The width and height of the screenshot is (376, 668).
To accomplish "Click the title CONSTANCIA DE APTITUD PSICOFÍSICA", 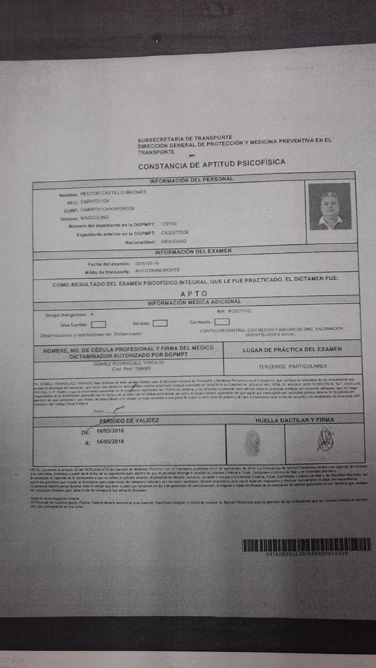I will pyautogui.click(x=212, y=164).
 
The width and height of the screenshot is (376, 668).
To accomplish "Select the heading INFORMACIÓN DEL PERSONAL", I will pyautogui.click(x=191, y=179).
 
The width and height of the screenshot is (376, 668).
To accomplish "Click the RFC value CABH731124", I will pyautogui.click(x=94, y=201).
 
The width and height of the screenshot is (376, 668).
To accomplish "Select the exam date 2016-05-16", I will pyautogui.click(x=147, y=263).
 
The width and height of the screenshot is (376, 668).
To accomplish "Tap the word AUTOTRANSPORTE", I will pyautogui.click(x=157, y=270).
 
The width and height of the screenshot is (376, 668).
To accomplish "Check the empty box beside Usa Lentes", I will pyautogui.click(x=98, y=324).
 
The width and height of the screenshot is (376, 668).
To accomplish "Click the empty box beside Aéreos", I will pyautogui.click(x=160, y=323).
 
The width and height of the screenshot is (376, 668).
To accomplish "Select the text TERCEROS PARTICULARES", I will pyautogui.click(x=292, y=366).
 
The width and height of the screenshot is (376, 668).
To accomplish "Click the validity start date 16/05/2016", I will pyautogui.click(x=110, y=431).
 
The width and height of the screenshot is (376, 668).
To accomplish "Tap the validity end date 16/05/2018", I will pyautogui.click(x=110, y=441).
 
